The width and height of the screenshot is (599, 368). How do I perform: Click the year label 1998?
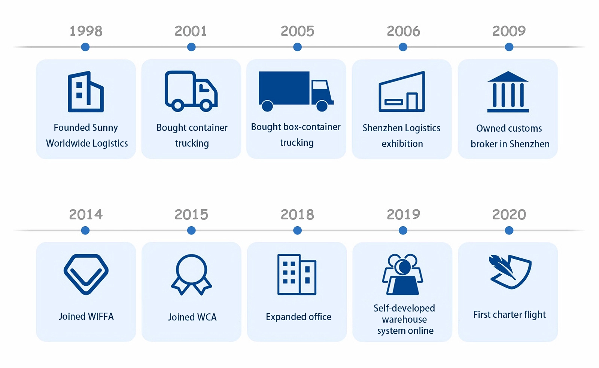86,31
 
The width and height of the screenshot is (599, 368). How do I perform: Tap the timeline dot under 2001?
191,47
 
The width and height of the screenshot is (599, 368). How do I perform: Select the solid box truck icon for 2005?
296,91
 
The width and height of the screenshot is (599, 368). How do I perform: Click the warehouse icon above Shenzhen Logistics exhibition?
402,91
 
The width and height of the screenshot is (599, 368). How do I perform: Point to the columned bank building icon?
508,92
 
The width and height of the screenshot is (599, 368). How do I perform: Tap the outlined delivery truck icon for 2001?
191,91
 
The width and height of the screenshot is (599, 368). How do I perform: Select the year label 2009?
509,31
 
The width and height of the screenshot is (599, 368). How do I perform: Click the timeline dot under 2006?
403,47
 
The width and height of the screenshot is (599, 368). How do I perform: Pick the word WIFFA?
101,316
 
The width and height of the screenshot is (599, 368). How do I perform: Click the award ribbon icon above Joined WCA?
191,275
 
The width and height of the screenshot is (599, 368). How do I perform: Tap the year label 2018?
297,215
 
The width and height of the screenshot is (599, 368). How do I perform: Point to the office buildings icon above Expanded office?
297,275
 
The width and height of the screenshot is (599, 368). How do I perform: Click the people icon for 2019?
402,274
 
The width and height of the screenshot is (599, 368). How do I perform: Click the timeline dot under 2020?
509,230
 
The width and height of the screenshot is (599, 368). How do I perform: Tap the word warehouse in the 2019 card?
404,319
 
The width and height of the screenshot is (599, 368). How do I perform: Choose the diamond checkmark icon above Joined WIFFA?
86,274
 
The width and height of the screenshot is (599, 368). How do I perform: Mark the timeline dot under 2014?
85,230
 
